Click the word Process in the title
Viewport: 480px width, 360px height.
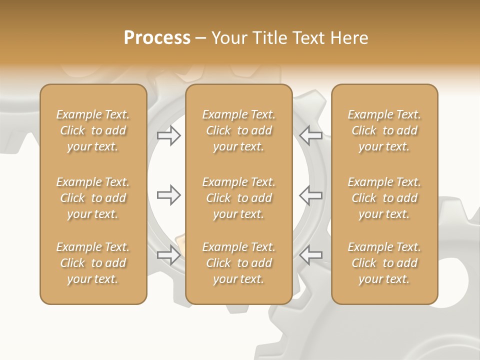point(157,38)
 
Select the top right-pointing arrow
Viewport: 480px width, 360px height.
point(169,135)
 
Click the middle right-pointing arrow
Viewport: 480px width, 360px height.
point(169,195)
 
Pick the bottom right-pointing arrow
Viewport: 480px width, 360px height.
point(169,255)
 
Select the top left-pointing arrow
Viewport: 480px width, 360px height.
point(310,135)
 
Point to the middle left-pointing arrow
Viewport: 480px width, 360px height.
point(310,195)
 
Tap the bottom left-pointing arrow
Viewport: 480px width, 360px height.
point(310,255)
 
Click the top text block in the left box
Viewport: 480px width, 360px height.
point(93,130)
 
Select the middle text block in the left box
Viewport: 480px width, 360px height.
point(93,198)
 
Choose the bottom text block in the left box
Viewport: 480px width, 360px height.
point(93,263)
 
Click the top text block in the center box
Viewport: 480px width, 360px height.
point(238,130)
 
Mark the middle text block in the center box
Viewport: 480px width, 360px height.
point(238,198)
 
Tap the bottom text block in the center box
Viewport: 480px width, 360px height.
point(238,263)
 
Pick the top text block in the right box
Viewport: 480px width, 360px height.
point(384,130)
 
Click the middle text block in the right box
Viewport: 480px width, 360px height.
point(384,198)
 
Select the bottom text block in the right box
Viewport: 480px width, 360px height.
point(384,263)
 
